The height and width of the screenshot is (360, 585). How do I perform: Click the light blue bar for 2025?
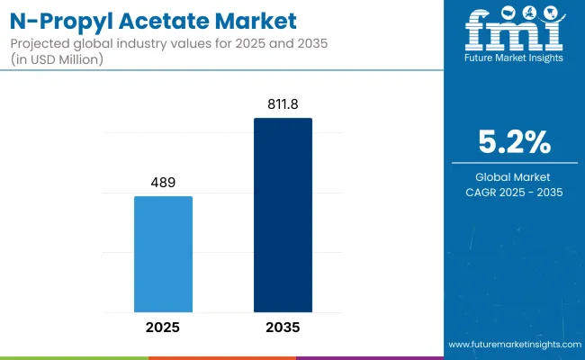pos(163,254)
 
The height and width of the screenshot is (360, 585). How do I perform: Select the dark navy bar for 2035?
pos(283,215)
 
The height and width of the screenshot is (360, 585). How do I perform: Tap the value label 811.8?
pos(283,104)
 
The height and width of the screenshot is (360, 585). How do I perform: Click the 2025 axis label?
pos(163,327)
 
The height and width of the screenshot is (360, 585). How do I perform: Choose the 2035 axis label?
pos(283,327)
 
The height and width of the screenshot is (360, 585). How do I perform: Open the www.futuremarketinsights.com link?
pos(513,345)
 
